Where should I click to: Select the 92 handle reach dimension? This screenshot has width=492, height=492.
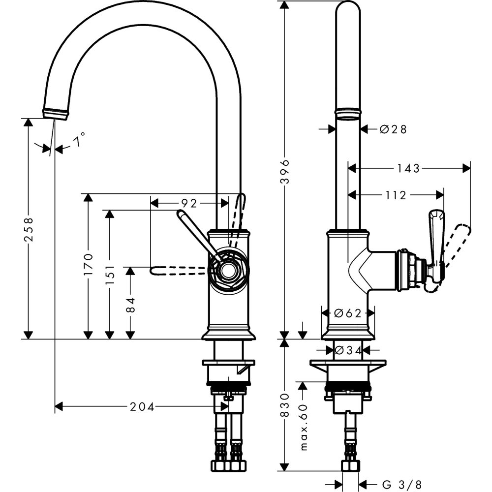pos(189,203)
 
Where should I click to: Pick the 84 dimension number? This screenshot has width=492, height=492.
pos(130,303)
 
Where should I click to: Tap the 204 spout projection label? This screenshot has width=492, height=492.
pos(142,406)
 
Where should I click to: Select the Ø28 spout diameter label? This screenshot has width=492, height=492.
pos(393,129)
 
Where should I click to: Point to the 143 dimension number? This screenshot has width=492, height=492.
pos(409,168)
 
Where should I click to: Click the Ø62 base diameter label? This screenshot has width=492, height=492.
pos(348,313)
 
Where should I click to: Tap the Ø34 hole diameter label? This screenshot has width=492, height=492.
pos(348,350)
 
